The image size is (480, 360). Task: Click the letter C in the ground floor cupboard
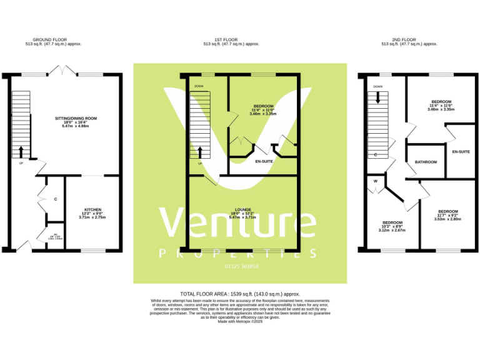pos(56,199)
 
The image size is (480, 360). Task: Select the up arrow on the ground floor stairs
pos(21,151)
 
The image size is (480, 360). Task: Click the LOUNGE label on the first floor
pos(243,209)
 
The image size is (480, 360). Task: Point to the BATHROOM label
pos(426,162)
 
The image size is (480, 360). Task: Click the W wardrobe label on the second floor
pos(376,182)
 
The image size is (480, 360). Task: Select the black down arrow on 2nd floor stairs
pos(377,97)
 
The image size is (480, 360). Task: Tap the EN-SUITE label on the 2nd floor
pos(461,152)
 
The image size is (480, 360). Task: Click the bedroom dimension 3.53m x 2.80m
pos(447,219)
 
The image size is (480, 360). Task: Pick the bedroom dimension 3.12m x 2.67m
pos(392,230)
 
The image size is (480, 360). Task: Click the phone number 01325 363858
pos(241,267)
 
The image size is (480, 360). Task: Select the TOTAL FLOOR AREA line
pos(241,294)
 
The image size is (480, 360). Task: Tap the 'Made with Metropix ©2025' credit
pos(241,321)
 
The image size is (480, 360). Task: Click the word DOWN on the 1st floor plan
pos(199,86)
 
